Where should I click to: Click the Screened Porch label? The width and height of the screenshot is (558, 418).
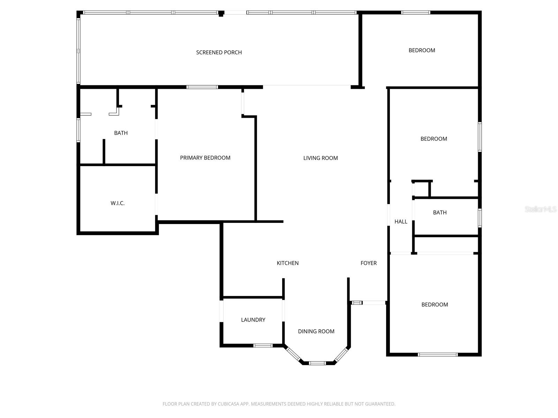point(219,53)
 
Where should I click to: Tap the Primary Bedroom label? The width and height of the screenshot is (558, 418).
point(205,158)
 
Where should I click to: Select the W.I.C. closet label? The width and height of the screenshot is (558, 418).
point(118,203)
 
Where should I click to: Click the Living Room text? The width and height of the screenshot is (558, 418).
point(321,158)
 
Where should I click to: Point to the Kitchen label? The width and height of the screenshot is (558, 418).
point(287,263)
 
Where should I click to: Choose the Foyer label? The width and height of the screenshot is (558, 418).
point(368,263)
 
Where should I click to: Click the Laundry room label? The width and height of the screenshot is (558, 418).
point(253,320)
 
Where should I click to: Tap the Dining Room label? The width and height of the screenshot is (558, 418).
point(316,331)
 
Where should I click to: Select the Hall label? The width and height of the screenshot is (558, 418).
point(401,222)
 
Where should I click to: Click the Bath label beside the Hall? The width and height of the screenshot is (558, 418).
point(439,212)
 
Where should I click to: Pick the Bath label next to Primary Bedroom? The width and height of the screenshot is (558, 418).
point(121,133)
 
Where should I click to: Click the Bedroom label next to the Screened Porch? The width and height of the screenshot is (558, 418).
point(422,51)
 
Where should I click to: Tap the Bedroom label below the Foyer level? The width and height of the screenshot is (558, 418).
point(435,304)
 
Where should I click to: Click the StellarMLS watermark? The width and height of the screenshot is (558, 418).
point(540,209)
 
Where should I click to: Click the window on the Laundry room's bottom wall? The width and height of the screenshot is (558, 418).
point(263,346)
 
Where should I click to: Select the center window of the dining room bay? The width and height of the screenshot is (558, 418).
point(317,363)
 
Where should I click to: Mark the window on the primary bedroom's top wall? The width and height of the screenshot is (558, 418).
point(202,87)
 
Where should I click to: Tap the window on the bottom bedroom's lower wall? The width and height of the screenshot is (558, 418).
point(438,355)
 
